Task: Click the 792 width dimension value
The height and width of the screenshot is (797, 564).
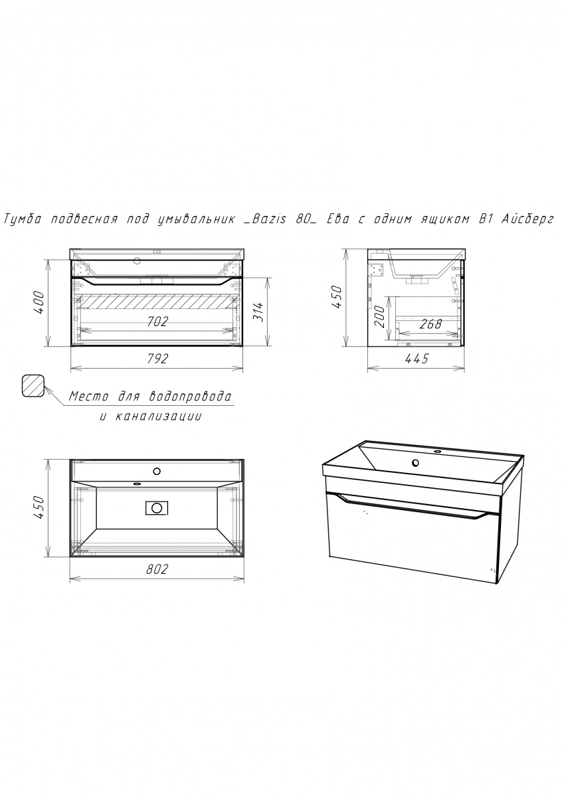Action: coord(157,358)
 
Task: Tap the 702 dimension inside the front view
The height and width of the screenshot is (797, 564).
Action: coord(157,321)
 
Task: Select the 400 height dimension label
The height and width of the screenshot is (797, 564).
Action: coord(40,302)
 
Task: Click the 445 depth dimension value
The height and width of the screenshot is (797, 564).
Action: coord(417,359)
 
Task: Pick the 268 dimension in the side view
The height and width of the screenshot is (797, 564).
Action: coord(431,324)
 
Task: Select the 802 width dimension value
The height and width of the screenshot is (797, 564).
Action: coord(157,569)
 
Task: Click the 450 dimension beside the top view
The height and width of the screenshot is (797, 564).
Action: coord(39,507)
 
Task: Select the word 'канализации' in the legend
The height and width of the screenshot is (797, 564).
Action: coord(158,416)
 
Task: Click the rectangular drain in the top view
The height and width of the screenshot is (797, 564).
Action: coord(157,507)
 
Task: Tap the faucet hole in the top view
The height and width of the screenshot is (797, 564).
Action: coord(157,472)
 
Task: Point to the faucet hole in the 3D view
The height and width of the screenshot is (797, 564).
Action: coord(415,463)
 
